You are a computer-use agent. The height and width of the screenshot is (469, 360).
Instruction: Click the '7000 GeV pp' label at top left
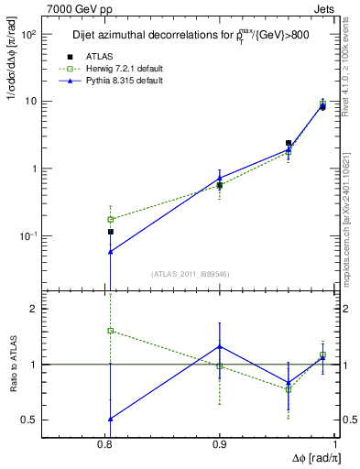coord(75,8)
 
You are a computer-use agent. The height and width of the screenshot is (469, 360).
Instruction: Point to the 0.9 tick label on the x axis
coord(221,443)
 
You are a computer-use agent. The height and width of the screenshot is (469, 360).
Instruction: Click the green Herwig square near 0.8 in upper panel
coord(111,219)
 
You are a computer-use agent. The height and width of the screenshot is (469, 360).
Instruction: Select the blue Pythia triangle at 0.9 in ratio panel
coord(220,346)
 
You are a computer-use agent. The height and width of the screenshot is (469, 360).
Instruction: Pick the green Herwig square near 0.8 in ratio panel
coord(111,331)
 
